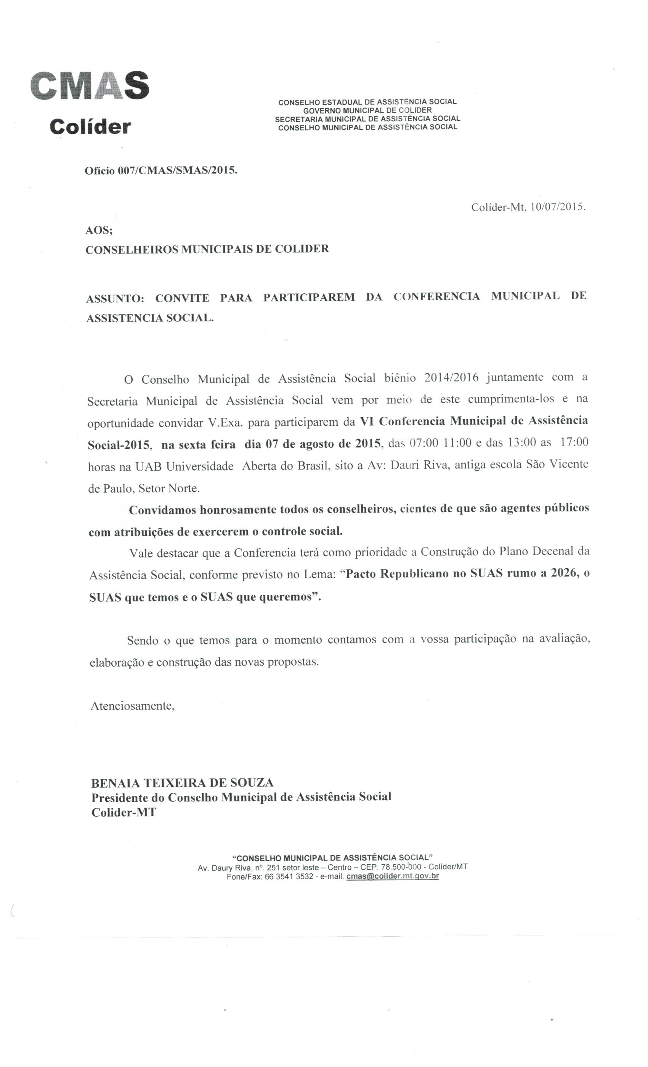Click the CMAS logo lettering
[x=90, y=85]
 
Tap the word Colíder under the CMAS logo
[x=90, y=127]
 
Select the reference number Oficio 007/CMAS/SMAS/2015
[x=161, y=171]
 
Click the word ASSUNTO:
[x=115, y=298]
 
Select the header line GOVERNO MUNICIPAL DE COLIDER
[x=367, y=111]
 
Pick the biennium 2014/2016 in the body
[x=451, y=378]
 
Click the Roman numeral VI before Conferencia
[x=366, y=421]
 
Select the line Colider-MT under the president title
[x=124, y=812]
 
